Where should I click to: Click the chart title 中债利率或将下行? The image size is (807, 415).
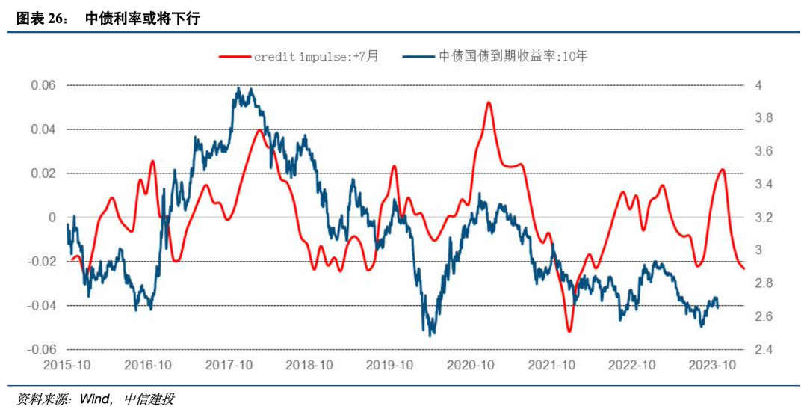143,19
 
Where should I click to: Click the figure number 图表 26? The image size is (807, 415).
42,19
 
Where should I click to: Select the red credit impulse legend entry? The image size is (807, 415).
299,56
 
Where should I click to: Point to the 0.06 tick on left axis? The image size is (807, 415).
43,85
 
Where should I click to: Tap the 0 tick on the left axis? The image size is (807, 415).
52,218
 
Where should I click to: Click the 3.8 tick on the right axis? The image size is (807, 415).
761,118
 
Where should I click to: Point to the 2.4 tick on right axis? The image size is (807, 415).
761,350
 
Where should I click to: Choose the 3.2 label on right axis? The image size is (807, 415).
761,218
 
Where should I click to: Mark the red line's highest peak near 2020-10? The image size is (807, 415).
489,102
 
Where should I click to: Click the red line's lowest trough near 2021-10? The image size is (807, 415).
569,331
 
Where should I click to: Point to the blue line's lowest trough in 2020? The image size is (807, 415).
430,335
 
